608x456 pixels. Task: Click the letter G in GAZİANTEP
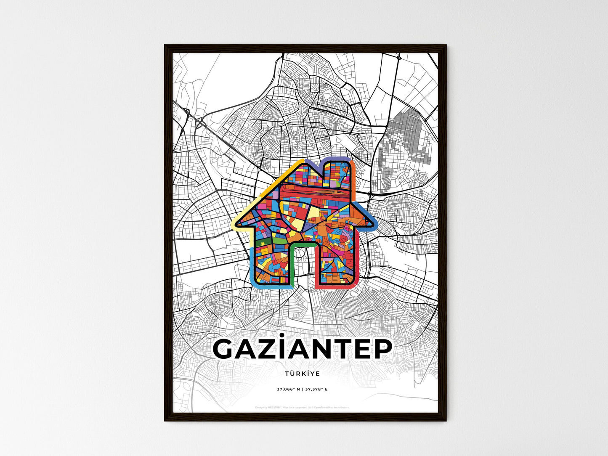click(227, 349)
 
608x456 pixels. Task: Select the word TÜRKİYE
click(302, 374)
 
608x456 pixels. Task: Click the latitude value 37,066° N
click(288, 389)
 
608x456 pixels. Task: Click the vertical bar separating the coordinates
click(302, 389)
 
